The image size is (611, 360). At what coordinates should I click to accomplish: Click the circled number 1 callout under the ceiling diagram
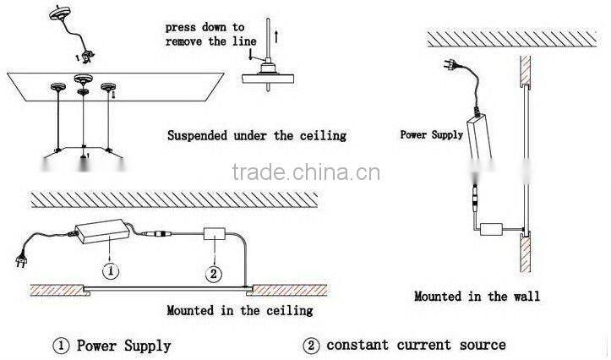coord(110,271)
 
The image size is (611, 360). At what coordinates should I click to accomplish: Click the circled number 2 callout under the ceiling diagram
coord(214,273)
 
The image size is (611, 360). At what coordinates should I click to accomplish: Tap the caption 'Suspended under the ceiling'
coord(256,135)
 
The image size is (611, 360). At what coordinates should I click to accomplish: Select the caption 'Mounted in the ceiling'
coord(240,310)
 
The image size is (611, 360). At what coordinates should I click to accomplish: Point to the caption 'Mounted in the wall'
coord(477,296)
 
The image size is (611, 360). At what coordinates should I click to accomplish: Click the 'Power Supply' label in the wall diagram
coord(431,134)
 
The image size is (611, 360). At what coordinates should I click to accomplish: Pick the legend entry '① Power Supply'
coord(112,345)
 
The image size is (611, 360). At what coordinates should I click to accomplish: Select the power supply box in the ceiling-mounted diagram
coord(108,230)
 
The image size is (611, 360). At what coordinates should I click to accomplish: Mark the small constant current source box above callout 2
coord(215,236)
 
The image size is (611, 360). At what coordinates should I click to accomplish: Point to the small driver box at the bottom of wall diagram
coord(492,229)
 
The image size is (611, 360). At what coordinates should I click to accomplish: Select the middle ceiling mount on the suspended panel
coord(82,81)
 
